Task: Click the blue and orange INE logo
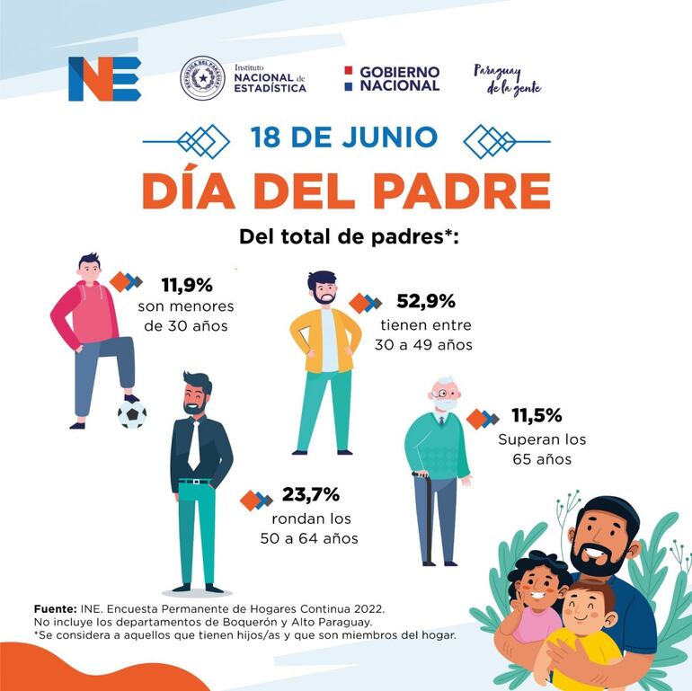104,79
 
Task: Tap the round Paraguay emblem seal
202,78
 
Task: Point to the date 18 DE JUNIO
344,137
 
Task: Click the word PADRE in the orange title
457,190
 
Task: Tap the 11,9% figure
187,286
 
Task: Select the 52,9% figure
426,302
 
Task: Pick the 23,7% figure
310,493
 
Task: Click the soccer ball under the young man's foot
132,414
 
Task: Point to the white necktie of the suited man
194,444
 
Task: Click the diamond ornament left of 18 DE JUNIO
204,140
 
